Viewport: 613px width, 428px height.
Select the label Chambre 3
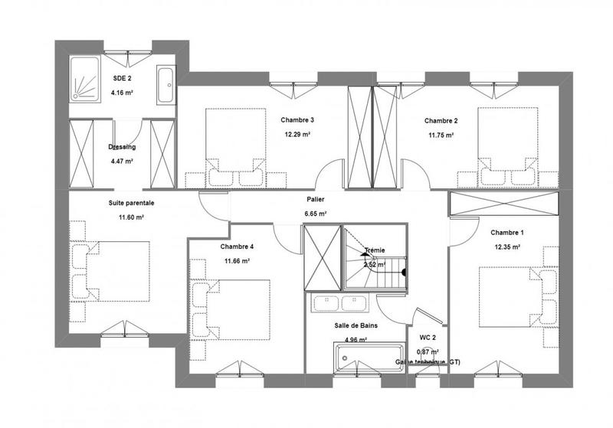coord(297,120)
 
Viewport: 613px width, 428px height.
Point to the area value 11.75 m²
coord(440,135)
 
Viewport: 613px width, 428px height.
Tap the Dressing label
coord(122,147)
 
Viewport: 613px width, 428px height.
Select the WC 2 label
coord(427,337)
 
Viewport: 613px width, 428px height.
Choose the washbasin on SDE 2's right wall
coord(166,85)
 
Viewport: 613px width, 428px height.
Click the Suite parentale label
coord(131,203)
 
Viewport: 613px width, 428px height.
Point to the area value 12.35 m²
coord(506,247)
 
